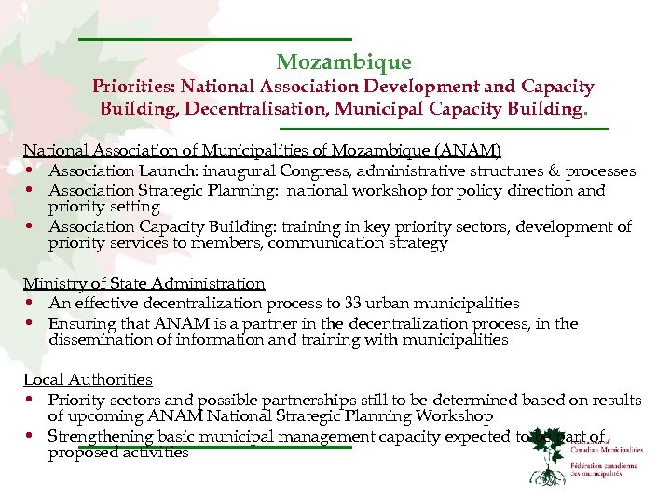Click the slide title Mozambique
pos(343,62)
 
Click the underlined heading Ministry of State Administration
pos(144,283)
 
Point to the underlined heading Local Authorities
pos(88,379)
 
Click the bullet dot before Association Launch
pos(31,171)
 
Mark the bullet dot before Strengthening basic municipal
pos(31,436)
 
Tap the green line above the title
pos(214,38)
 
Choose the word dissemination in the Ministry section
pos(98,340)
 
